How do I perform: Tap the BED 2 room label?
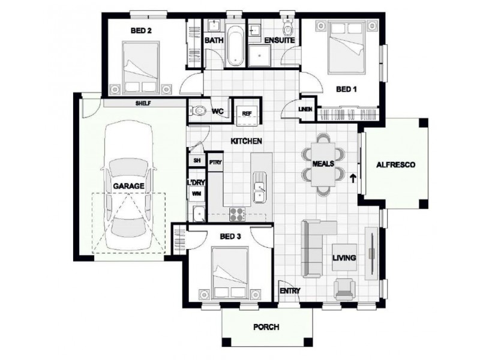(x=140, y=29)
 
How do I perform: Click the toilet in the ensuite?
(x=288, y=29)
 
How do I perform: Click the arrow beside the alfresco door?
(x=353, y=178)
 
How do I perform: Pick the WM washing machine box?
(x=196, y=194)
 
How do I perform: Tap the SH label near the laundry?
(x=196, y=161)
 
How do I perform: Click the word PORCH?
(x=266, y=328)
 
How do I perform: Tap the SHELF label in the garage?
(x=143, y=103)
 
